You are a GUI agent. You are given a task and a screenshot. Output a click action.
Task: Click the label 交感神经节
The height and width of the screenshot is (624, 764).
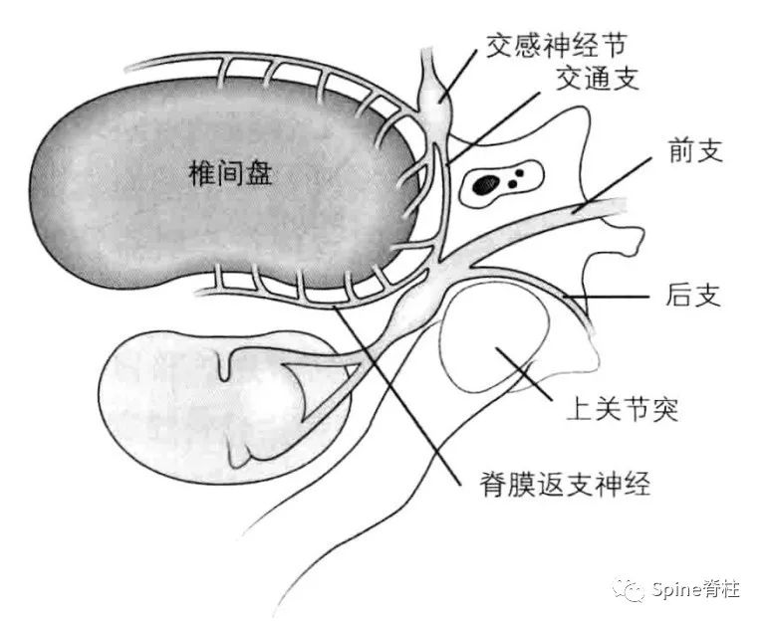(556, 45)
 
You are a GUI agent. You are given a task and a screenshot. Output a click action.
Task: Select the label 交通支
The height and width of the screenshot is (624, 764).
(597, 78)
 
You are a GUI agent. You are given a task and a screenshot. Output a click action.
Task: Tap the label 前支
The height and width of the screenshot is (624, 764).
(695, 150)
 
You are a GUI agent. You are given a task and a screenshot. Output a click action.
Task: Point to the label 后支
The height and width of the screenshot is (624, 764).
(693, 295)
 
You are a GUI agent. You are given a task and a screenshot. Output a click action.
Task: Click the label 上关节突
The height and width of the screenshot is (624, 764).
(622, 410)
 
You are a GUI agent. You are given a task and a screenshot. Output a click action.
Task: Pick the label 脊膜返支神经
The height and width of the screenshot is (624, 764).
(565, 485)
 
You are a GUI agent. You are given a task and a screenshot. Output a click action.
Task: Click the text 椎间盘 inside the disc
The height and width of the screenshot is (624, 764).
(230, 174)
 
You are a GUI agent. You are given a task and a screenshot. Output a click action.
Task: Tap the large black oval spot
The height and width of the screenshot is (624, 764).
(486, 184)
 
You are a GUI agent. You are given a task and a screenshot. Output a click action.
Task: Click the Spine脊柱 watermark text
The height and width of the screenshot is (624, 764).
(695, 590)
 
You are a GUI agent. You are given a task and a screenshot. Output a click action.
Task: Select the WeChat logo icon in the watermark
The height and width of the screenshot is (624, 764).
(630, 590)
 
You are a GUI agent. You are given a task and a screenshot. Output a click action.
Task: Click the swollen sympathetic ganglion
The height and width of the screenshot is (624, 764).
(435, 104)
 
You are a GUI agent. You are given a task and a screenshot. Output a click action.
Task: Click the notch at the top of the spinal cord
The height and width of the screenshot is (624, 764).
(224, 366)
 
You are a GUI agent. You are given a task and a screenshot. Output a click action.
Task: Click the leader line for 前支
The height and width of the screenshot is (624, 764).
(612, 185)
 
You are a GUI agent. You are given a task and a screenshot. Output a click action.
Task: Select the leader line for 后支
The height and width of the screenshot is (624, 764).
(607, 296)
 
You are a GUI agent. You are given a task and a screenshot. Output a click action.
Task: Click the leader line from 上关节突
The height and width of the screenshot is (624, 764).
(524, 373)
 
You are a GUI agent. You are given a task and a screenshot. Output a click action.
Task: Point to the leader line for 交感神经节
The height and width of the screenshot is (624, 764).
(458, 75)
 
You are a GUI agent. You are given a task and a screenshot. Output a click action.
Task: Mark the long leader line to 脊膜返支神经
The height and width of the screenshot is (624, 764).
(396, 396)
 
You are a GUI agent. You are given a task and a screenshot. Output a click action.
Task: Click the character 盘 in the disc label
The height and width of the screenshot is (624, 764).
(258, 174)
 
